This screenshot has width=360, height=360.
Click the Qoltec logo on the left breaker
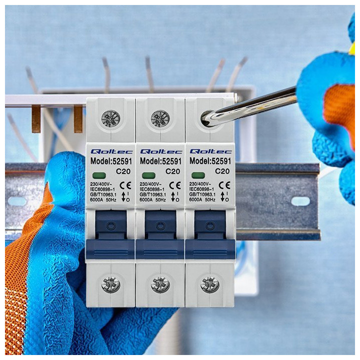point(111,151)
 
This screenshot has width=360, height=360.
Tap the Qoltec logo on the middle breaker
point(161,151)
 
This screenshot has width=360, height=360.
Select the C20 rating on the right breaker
point(222,171)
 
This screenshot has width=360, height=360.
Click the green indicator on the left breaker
point(99,176)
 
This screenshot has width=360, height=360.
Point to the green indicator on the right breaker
point(198,176)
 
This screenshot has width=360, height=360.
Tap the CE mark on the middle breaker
point(175,185)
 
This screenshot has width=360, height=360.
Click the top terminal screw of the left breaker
point(110,118)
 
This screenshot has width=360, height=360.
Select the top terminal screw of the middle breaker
point(160,118)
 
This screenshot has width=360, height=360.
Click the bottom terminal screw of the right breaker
point(210,284)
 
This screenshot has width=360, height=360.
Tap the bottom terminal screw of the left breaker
point(111,284)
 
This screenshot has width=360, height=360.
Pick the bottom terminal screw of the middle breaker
point(160,284)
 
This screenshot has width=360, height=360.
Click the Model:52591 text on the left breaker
point(111,161)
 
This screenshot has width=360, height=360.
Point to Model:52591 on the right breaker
point(210,161)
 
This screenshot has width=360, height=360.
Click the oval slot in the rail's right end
point(300,201)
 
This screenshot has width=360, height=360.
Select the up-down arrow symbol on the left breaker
point(123,197)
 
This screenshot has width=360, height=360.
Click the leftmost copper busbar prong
point(36,119)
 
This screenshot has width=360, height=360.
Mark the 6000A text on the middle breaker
point(146,199)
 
